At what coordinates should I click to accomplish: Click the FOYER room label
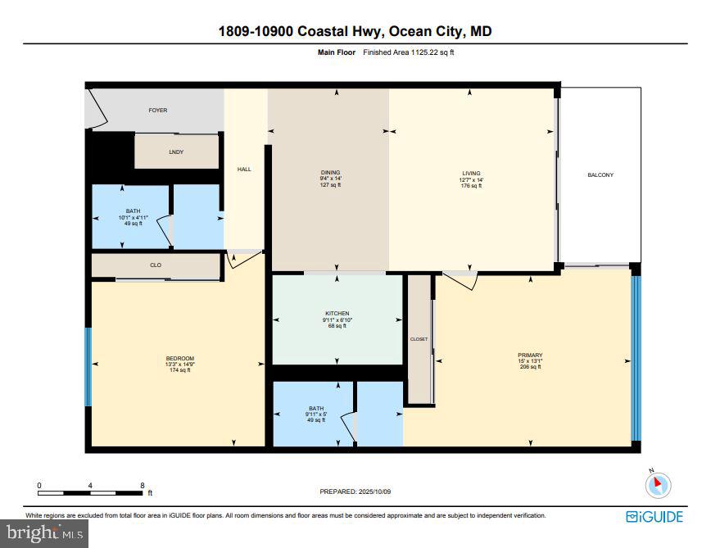coord(157,110)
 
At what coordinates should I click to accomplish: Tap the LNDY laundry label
coord(175,152)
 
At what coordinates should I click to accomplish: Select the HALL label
coord(244,170)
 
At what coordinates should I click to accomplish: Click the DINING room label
coord(330,173)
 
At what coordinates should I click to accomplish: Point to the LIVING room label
coord(471,174)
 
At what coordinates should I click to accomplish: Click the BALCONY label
coord(600,175)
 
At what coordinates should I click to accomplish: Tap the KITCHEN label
coord(337,314)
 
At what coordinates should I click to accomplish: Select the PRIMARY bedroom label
coord(530,355)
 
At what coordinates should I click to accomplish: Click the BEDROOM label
coord(179,358)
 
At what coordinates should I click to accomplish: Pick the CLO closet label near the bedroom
coord(156,265)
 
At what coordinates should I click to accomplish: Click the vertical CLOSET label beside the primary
coord(419,339)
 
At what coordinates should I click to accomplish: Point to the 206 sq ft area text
coord(530,367)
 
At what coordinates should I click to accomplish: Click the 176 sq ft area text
coord(471,186)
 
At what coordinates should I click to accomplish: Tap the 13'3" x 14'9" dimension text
coord(179,365)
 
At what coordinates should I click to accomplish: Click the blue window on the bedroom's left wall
coord(88,366)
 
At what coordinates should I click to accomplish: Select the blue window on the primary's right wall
coord(636,358)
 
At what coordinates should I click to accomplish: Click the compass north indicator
coord(658,485)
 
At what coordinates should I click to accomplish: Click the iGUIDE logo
coord(655,517)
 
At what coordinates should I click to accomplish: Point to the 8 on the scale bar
coord(143,486)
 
